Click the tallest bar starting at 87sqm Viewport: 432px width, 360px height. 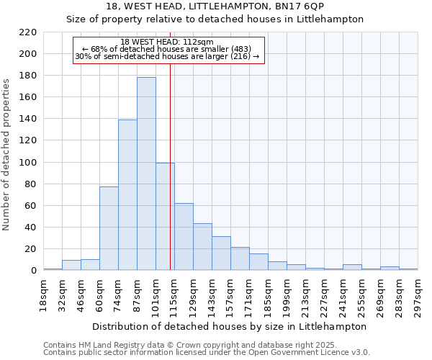coord(146,174)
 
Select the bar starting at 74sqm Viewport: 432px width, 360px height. coord(127,194)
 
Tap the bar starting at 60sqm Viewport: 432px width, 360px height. coord(109,228)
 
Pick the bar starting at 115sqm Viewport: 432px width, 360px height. coord(184,236)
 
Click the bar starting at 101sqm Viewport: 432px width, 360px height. coord(165,216)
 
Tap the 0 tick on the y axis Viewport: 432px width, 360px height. coord(33,271)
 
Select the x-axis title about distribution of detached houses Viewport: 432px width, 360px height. coord(230,326)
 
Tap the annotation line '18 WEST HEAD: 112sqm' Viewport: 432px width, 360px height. coord(167,42)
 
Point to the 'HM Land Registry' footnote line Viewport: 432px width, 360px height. coord(206,345)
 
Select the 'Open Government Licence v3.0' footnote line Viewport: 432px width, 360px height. coord(206,352)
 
